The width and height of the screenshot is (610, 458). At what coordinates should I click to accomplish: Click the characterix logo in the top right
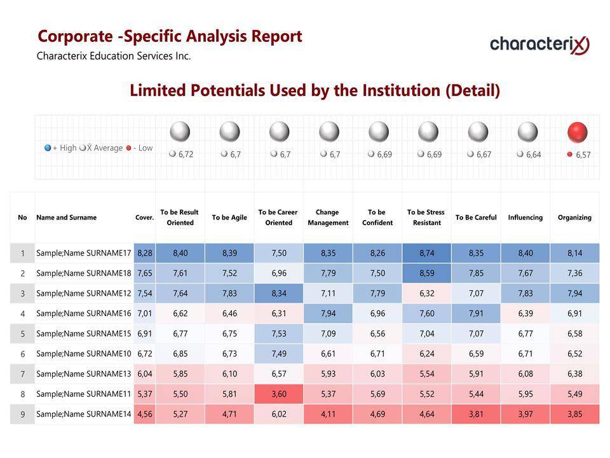tap(539, 45)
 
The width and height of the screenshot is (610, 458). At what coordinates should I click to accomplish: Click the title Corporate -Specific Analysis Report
tap(170, 36)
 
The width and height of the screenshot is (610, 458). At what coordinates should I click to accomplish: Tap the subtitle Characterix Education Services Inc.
tap(114, 56)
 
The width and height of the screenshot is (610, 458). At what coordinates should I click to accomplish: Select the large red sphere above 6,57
tap(577, 132)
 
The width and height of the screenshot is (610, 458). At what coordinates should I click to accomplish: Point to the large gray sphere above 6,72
tap(180, 132)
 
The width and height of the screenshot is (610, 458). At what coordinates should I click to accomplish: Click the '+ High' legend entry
tap(60, 148)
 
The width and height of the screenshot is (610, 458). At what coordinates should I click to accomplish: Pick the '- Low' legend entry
tap(140, 148)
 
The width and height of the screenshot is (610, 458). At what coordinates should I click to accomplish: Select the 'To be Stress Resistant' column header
tap(426, 218)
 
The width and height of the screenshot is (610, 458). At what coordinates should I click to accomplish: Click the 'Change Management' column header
tap(328, 218)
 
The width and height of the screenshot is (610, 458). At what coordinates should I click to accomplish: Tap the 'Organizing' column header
tap(574, 218)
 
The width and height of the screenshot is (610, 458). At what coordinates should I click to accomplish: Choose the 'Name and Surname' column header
tap(67, 218)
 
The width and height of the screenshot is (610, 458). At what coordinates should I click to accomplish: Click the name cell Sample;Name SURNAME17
tap(83, 253)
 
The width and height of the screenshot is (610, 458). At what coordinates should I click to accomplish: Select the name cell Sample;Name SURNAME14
tap(83, 414)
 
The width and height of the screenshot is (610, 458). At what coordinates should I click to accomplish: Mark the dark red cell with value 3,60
tap(279, 394)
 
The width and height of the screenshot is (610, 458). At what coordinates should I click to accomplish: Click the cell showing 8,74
tap(426, 253)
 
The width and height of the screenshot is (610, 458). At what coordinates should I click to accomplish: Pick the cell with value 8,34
tap(279, 293)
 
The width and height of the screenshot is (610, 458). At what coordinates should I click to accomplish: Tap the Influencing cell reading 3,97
tap(525, 414)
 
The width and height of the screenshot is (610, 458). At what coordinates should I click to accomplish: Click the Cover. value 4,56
tap(145, 414)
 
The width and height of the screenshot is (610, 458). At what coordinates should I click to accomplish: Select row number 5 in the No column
tap(23, 334)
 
